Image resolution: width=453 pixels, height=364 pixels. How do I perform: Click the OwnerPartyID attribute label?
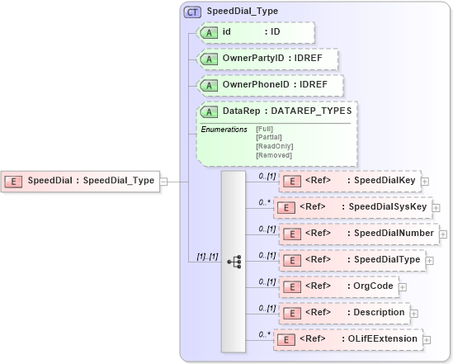[x=267, y=59]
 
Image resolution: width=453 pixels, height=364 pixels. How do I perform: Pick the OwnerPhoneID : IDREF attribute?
[x=270, y=85]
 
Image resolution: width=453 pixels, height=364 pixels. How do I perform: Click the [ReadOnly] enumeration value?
[x=275, y=146]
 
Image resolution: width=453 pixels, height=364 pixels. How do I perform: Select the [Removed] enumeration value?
[x=275, y=155]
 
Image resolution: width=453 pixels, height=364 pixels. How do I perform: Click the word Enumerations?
[x=224, y=130]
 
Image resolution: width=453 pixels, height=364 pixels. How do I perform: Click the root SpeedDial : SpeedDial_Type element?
[x=82, y=181]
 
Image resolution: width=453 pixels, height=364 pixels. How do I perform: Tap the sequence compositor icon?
[x=234, y=261]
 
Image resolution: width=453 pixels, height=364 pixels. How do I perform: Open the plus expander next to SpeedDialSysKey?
[x=436, y=208]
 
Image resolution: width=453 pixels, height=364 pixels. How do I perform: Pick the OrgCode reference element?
[x=338, y=286]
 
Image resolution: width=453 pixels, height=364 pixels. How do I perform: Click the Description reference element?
[x=344, y=313]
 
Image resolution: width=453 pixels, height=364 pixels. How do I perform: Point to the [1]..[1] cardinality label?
[x=202, y=258]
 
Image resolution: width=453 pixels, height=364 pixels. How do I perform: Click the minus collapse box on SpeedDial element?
[x=164, y=181]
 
